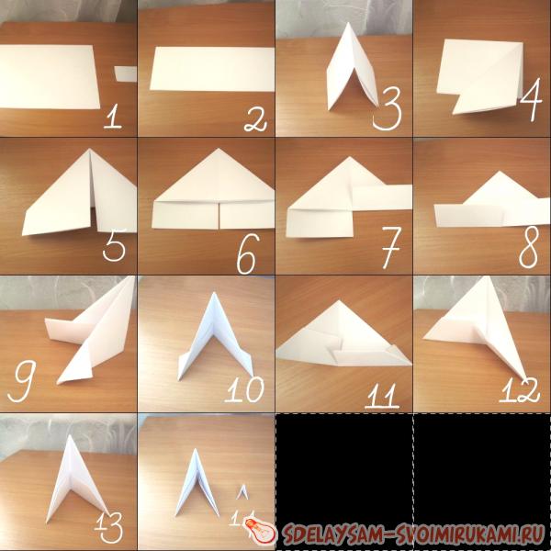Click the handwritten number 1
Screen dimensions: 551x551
[x=112, y=117]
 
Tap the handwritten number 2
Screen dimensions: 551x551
[x=255, y=120]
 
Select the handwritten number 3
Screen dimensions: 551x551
[x=388, y=108]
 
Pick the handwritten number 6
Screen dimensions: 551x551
[x=248, y=253]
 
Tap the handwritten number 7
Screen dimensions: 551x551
[x=391, y=247]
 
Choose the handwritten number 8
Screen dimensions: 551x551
[x=529, y=246]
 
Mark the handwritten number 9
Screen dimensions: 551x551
[x=22, y=381]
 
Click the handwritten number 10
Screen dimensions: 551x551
[x=244, y=389]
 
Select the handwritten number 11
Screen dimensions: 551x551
[x=382, y=396]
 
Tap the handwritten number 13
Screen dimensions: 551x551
[x=109, y=526]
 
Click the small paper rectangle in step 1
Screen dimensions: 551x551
[x=126, y=74]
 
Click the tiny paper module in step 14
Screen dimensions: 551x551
[x=242, y=491]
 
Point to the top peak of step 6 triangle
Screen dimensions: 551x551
[x=219, y=149]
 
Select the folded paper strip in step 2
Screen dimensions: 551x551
[x=212, y=69]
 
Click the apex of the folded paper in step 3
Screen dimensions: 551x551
[x=347, y=23]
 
